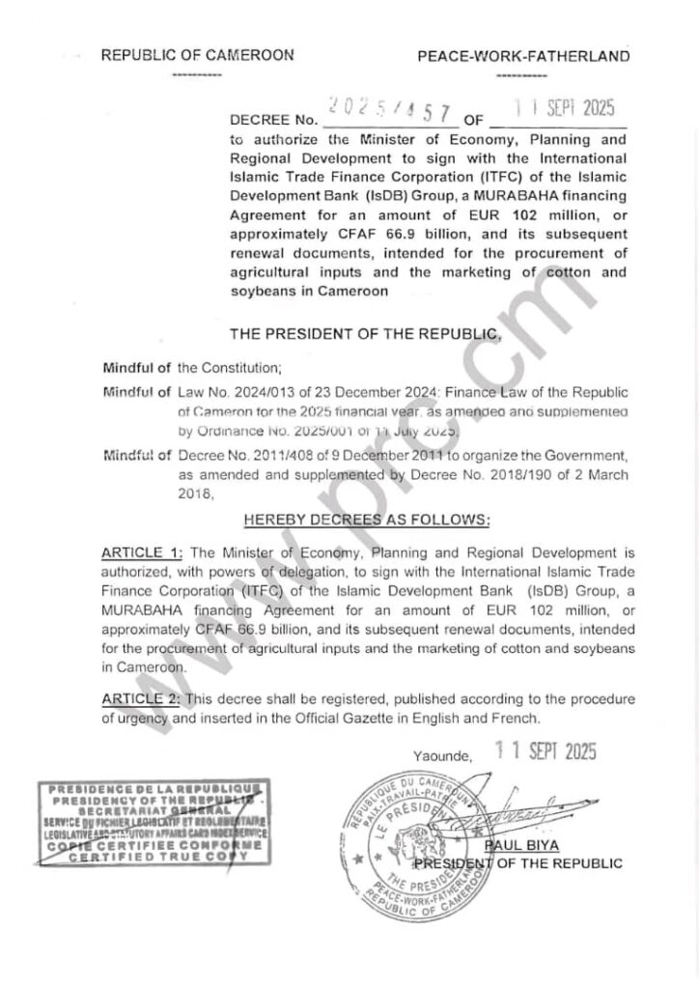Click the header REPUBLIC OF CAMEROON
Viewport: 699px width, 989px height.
tap(198, 56)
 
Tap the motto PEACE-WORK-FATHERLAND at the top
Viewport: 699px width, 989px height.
tap(523, 56)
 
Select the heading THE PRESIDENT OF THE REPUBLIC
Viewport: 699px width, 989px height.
tap(366, 335)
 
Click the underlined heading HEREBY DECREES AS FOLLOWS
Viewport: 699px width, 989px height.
tap(367, 520)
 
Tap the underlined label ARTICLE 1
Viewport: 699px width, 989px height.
tap(142, 552)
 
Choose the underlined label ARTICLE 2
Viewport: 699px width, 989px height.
tap(142, 699)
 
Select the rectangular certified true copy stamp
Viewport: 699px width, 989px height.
tap(155, 829)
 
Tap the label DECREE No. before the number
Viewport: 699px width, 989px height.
tap(273, 121)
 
